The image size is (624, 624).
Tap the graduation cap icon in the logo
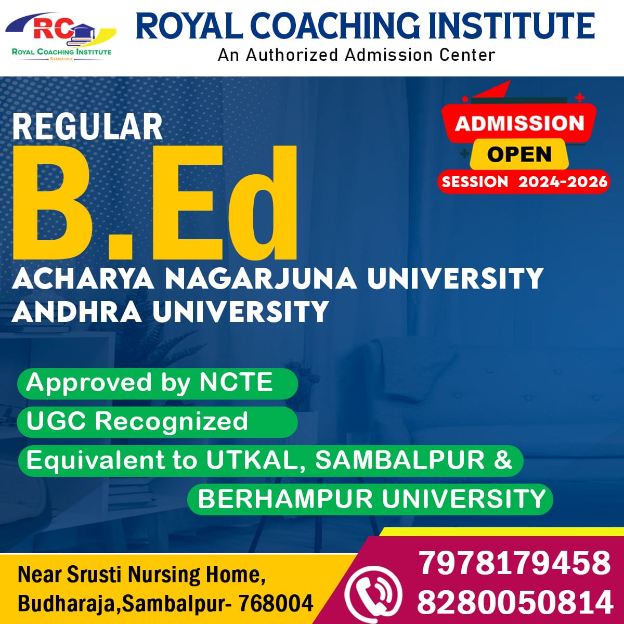click(84, 33)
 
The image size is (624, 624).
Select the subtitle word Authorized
click(292, 55)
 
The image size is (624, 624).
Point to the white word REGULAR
click(87, 126)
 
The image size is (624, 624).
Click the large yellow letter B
click(54, 202)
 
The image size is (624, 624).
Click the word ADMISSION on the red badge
click(519, 123)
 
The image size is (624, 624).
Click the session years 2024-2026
click(563, 181)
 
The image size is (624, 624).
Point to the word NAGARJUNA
click(261, 279)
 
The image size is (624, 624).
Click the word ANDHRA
click(77, 311)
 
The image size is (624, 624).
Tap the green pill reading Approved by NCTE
click(158, 384)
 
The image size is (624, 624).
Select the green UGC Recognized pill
click(158, 422)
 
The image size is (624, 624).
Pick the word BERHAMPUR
click(285, 499)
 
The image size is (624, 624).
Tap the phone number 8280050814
click(515, 602)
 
